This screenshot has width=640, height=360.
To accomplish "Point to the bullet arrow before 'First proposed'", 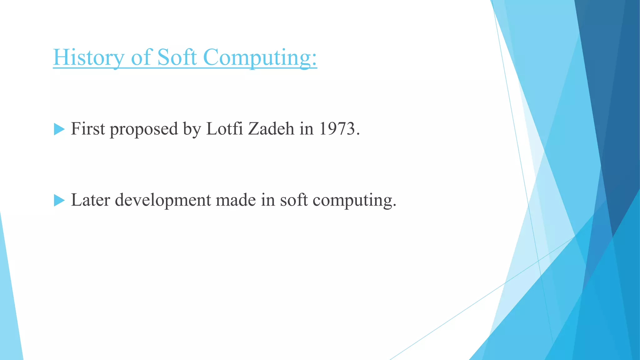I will point(59,129).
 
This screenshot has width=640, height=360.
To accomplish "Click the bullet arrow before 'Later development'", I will point(59,200).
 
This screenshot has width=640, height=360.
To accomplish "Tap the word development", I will point(163,200).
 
